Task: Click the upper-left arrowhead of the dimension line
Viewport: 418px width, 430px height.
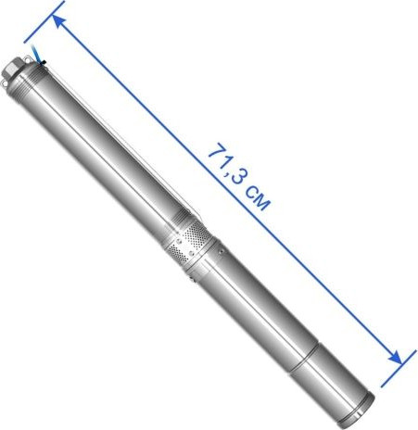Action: click(58, 21)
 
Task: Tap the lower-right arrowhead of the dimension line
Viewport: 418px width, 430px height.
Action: click(396, 358)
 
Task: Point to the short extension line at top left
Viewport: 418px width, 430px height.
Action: click(44, 21)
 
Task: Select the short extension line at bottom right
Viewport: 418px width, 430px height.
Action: click(399, 369)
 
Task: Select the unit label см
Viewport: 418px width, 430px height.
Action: click(258, 198)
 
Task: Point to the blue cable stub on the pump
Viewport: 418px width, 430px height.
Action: click(36, 54)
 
